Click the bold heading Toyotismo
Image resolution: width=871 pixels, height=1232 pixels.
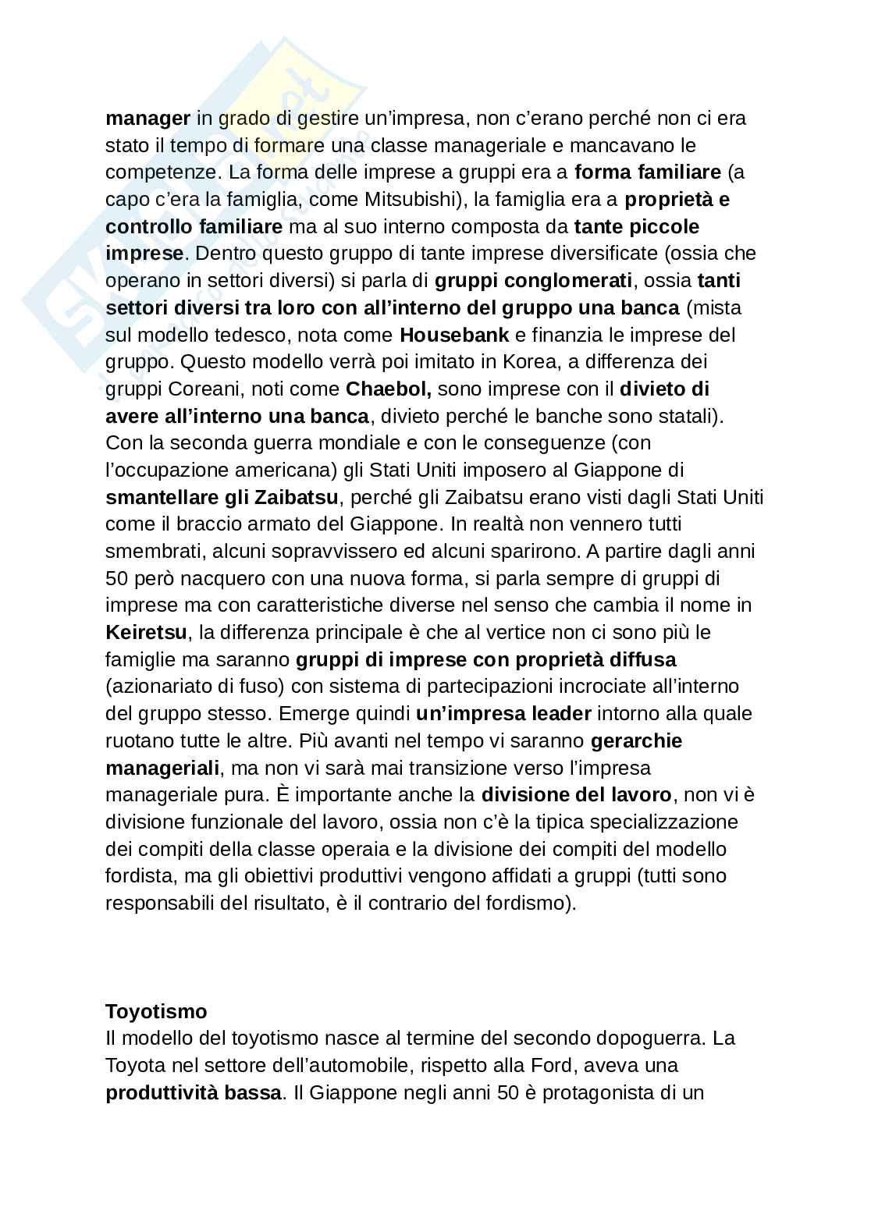[156, 1011]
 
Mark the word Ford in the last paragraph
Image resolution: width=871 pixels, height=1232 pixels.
[553, 1065]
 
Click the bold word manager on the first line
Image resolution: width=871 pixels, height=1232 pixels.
[148, 118]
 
